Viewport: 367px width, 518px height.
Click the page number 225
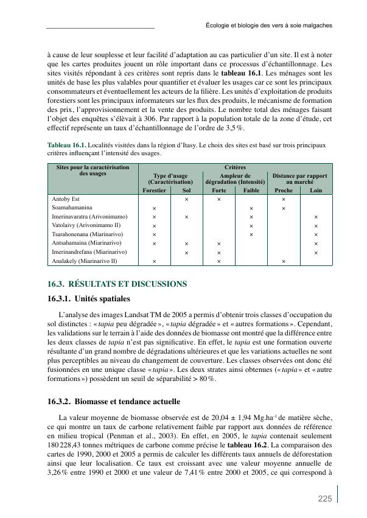point(324,499)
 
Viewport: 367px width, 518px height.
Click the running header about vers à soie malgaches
point(268,26)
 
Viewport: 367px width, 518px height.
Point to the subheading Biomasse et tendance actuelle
point(113,402)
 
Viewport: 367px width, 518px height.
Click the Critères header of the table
point(234,167)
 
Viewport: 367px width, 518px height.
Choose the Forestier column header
point(154,190)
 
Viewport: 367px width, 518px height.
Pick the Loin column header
point(316,190)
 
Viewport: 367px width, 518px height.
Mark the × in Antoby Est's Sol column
point(186,199)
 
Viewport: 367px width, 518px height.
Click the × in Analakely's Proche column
point(284,261)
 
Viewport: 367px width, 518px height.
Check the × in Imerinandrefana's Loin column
point(316,252)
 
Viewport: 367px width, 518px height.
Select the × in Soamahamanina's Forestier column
point(154,208)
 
